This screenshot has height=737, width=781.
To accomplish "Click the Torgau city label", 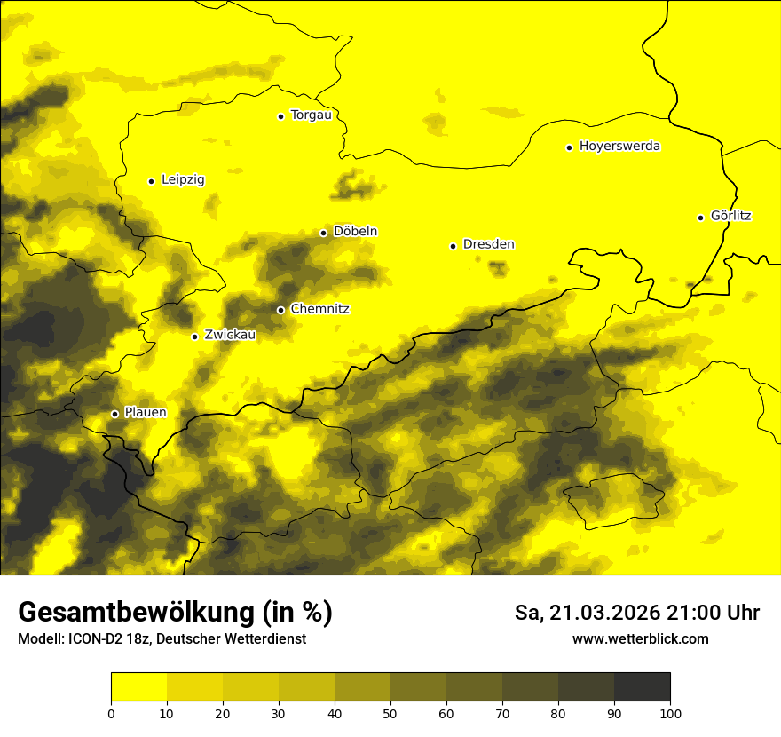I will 312,115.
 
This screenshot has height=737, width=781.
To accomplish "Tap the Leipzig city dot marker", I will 151,181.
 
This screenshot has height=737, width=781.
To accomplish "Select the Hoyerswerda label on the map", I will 619,147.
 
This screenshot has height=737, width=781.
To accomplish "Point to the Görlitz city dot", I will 700,218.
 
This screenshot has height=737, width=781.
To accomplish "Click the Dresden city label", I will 488,244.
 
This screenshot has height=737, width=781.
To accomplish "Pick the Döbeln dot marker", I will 323,233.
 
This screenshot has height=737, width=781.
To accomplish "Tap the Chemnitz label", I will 319,309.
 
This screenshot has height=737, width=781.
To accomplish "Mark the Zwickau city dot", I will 194,337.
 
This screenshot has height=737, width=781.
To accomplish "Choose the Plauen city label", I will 146,413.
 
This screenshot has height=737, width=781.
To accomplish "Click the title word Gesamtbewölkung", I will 136,613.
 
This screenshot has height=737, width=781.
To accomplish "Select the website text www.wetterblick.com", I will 641,638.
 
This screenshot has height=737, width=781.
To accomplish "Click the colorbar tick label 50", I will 390,713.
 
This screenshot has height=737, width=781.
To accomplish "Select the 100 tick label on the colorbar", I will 670,713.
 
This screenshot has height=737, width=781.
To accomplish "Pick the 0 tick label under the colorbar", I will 111,713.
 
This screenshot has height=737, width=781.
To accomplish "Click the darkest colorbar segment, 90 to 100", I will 642,687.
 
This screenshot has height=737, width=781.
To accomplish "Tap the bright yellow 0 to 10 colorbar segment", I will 138,687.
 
